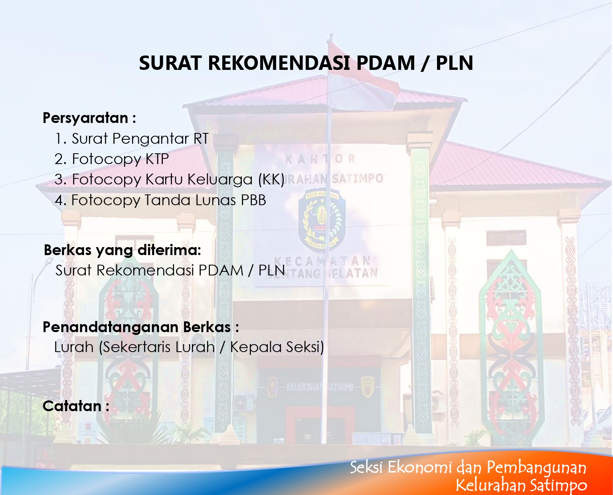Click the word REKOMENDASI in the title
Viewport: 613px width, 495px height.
click(x=279, y=63)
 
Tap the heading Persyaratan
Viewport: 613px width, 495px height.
click(x=85, y=118)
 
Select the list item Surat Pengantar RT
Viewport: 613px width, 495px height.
click(x=140, y=139)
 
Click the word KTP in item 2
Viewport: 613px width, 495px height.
click(x=157, y=159)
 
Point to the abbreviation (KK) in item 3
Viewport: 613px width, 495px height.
click(x=271, y=180)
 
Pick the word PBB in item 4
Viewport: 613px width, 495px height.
click(x=253, y=200)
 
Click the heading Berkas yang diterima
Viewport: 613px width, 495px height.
click(x=122, y=250)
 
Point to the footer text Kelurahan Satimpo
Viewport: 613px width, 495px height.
click(x=521, y=485)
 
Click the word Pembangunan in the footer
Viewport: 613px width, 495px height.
click(x=536, y=468)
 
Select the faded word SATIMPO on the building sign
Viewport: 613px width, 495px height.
click(x=358, y=179)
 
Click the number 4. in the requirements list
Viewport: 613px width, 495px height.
click(x=60, y=200)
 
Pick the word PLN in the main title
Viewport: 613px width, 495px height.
click(x=455, y=63)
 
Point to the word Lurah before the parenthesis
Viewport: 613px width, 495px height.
click(x=74, y=347)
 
